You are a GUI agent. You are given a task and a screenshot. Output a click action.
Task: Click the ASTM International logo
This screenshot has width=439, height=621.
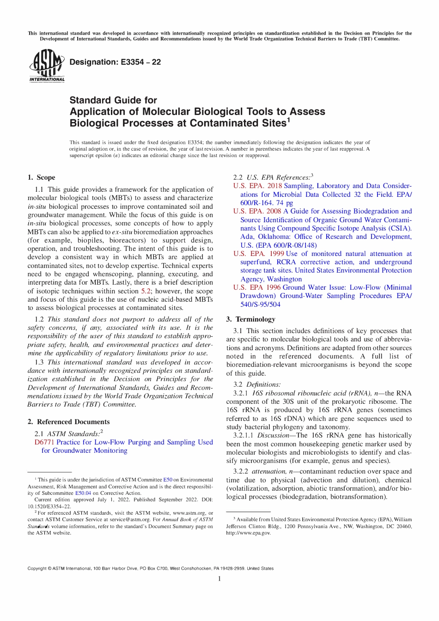point(47,66)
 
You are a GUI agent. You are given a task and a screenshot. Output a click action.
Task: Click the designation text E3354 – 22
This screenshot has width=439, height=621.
point(115,62)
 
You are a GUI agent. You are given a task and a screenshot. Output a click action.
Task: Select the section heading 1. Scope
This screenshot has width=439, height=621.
point(41,177)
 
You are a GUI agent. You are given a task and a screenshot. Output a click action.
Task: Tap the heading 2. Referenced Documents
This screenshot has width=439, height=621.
point(68,422)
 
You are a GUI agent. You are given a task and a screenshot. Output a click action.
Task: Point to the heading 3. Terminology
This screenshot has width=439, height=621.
point(250,319)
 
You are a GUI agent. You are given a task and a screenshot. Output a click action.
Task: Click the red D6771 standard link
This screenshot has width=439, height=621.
point(44,442)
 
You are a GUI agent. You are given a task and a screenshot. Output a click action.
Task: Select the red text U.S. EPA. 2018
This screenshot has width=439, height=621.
point(257,186)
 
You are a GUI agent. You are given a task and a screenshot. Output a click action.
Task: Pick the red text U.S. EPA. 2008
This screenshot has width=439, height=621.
point(257,211)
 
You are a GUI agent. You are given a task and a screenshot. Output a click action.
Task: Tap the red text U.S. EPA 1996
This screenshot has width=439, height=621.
point(256,287)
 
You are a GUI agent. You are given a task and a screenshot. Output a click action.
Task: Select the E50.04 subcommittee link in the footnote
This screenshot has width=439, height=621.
point(83,493)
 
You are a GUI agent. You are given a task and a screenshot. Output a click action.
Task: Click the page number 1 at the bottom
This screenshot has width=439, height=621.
point(219,579)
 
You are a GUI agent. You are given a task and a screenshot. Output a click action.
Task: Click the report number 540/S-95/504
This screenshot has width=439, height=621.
point(260,304)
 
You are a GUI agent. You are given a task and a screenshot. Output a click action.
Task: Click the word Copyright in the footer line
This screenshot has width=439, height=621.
point(37,568)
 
